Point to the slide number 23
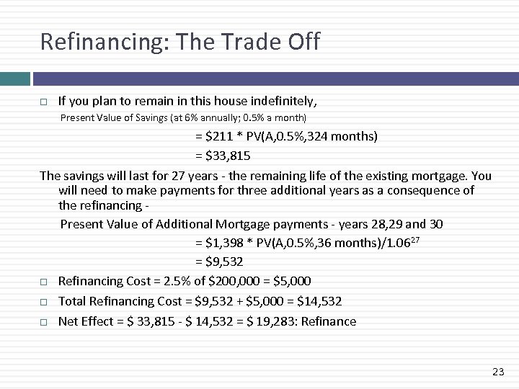[497, 372]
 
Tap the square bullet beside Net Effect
[44, 322]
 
